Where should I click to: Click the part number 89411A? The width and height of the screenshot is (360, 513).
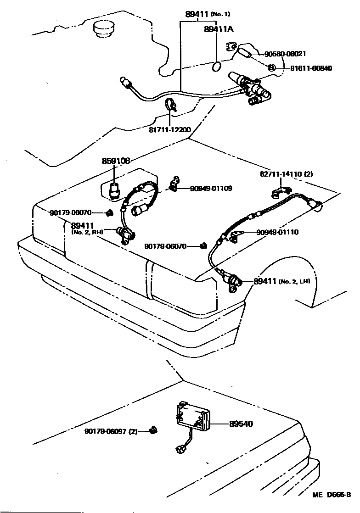coord(219,29)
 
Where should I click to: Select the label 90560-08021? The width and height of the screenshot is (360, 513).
coord(285,54)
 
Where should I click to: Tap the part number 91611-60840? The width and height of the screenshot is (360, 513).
coord(310,68)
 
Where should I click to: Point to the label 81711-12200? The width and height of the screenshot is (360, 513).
coord(169,130)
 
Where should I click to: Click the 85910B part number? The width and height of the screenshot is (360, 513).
coord(116,161)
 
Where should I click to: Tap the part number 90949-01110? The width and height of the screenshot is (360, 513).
coord(277,232)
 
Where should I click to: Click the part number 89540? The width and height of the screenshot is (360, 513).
coord(241,424)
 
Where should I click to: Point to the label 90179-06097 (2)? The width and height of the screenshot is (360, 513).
coord(111,431)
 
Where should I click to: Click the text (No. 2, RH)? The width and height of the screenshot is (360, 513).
coord(87,232)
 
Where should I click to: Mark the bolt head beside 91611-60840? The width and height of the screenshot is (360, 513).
coord(271,68)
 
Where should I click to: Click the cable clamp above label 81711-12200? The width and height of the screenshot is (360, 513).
coord(170,105)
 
